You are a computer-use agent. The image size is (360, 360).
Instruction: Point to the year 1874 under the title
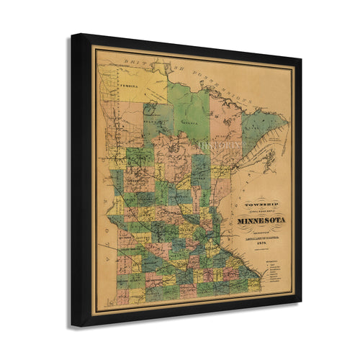point(262,243)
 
